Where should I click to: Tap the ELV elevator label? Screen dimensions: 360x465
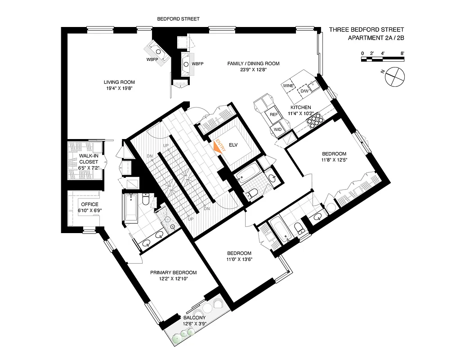[233, 145]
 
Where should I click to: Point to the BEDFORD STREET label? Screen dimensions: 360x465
[178, 19]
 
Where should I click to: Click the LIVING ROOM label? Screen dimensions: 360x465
[119, 82]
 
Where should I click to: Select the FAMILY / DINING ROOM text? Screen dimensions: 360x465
[253, 63]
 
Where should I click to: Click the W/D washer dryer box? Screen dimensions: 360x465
[277, 130]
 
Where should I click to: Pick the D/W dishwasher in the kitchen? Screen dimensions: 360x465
[304, 90]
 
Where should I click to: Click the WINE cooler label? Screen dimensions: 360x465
[288, 85]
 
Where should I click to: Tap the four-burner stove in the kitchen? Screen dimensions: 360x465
[316, 120]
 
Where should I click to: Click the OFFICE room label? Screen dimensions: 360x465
[89, 204]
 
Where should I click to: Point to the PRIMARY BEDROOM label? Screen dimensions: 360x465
[174, 272]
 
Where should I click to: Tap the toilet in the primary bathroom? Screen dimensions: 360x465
[146, 199]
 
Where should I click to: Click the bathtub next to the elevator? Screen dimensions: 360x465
[247, 175]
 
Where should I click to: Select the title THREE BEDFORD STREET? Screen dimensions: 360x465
[367, 30]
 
